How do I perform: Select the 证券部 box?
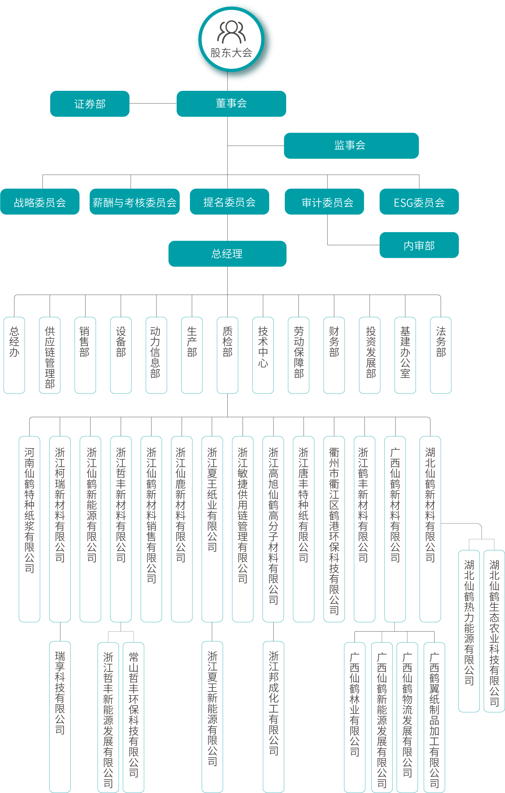pos(90,104)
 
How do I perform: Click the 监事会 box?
pos(351,146)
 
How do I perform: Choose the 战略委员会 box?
pos(40,202)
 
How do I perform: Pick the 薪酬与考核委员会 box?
pos(134,202)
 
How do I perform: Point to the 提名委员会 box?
pos(229,202)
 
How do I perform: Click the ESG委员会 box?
pos(419,202)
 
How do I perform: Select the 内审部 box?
pos(419,245)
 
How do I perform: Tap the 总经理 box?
pos(227,254)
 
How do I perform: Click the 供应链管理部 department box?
pos(50,355)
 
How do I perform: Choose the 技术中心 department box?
pos(263,355)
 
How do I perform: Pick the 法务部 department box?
pos(441,355)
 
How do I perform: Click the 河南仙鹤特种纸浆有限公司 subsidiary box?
pos(29,528)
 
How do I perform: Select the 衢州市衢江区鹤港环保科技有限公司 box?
pos(334,528)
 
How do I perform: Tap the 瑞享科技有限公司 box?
pos(60,716)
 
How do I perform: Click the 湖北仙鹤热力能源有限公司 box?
pos(469,631)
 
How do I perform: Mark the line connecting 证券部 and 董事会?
pos(153,103)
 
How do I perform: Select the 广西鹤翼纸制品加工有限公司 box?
pos(434,717)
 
